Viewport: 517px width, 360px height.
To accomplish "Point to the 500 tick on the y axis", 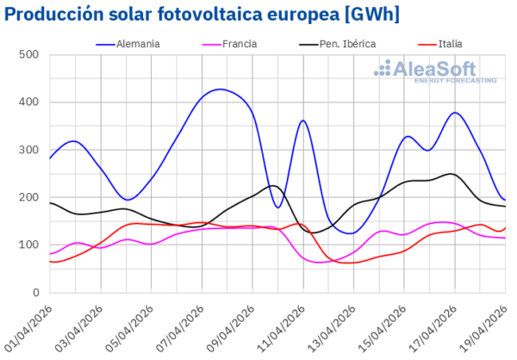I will [x=31, y=55].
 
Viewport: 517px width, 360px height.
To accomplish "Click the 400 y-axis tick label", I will [x=31, y=102].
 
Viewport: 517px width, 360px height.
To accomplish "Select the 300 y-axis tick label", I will [x=31, y=150].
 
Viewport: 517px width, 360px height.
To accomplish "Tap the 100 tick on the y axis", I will [x=31, y=245].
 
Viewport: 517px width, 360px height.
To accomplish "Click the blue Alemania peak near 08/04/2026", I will [x=221, y=90].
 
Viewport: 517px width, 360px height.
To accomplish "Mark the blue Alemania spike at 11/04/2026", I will [x=303, y=121].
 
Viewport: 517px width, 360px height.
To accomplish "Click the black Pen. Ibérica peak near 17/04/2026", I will [x=452, y=174].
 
